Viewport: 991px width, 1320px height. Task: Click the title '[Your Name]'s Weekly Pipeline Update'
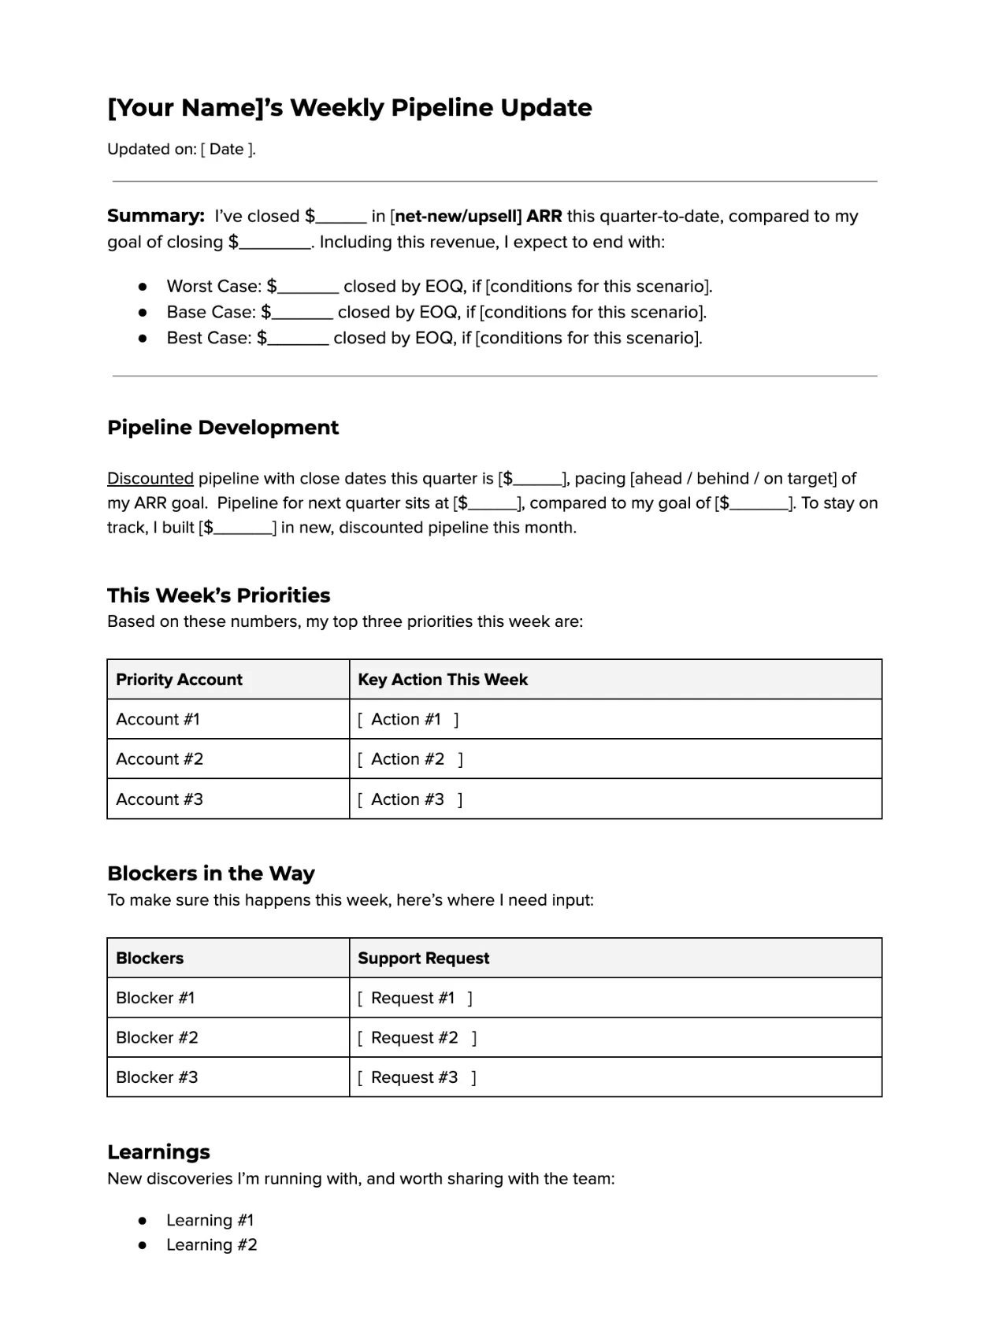[349, 108]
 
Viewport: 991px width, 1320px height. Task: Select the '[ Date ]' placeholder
[228, 150]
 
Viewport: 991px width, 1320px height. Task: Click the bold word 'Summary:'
[156, 217]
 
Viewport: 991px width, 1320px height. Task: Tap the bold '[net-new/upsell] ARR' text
[476, 217]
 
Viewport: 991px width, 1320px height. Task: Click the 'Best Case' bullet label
[208, 339]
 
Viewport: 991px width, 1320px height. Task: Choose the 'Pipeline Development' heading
[223, 428]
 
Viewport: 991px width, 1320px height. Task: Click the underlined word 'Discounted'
[150, 479]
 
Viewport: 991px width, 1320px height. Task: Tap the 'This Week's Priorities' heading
[219, 595]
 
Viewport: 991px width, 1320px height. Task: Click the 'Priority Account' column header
[180, 680]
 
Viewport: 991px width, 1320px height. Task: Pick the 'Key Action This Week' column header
[443, 680]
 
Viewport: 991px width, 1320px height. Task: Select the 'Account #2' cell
[160, 759]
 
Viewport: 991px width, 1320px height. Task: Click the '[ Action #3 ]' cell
[410, 799]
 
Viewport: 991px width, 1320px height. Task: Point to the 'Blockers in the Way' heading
[211, 873]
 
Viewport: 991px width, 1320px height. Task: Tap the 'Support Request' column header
[424, 958]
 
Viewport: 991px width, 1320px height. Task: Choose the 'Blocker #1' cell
[155, 998]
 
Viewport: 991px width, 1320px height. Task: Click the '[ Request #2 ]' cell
[417, 1038]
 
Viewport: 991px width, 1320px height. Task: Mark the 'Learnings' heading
[158, 1152]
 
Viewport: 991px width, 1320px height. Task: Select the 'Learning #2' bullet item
[211, 1245]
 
